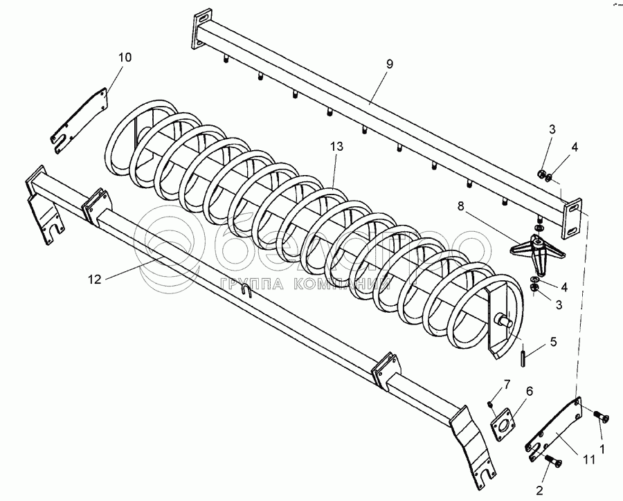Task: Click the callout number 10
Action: click(x=125, y=57)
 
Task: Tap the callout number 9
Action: click(x=389, y=64)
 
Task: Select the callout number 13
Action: click(x=336, y=147)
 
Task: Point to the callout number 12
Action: click(x=95, y=280)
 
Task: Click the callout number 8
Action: click(x=461, y=206)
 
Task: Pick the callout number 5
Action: click(x=553, y=342)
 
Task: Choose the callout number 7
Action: click(x=507, y=384)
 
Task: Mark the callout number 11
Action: click(x=589, y=459)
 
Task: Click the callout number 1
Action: click(x=602, y=449)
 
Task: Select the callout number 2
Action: click(x=539, y=491)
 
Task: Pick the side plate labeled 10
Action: click(x=80, y=121)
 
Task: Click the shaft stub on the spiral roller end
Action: click(x=503, y=320)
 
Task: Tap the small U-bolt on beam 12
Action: click(x=246, y=291)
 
